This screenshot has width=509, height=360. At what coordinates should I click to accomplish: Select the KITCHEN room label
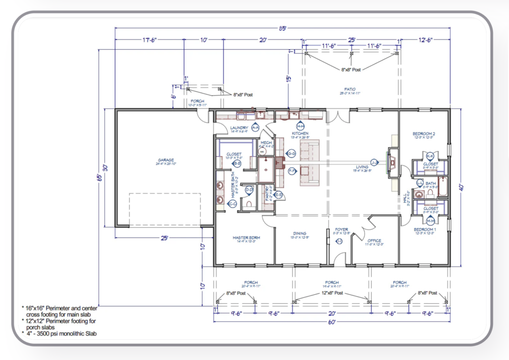(x=300, y=134)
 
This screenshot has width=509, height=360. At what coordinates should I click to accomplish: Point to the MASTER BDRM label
(x=247, y=238)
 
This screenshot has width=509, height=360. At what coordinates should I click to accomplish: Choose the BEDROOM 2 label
(x=424, y=134)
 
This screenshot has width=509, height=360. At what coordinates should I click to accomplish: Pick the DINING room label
(x=300, y=233)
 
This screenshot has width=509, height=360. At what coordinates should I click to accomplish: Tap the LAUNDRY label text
(x=239, y=128)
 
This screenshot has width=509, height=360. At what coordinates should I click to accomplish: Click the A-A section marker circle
(x=255, y=128)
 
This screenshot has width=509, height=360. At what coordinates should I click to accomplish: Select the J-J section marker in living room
(x=374, y=161)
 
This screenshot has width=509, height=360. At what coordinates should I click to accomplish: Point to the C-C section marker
(x=232, y=203)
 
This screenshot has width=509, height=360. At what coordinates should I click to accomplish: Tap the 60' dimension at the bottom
(x=332, y=322)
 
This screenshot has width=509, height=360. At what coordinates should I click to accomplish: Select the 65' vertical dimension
(x=100, y=177)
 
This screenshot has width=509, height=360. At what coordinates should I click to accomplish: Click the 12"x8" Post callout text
(x=332, y=293)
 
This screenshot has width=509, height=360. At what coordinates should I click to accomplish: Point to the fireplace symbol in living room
(x=393, y=162)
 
